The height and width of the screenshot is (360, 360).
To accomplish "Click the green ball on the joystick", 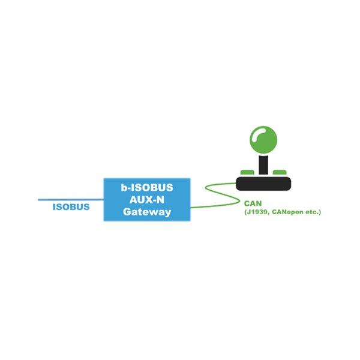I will tap(263, 140).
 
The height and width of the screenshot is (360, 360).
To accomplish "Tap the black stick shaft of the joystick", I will tap(263, 164).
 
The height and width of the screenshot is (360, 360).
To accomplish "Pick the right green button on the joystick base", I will tap(280, 173).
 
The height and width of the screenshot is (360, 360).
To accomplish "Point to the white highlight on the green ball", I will tap(258, 133).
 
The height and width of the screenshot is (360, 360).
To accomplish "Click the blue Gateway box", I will tap(146, 200).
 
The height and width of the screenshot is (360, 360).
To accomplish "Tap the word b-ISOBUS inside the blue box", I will tap(147, 188).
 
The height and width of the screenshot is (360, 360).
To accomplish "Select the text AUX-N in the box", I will tap(147, 200).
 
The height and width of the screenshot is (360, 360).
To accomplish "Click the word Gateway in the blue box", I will tap(147, 212).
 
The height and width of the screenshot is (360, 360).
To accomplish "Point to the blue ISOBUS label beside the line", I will tap(71, 208).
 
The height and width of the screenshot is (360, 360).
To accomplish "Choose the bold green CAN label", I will tap(253, 203).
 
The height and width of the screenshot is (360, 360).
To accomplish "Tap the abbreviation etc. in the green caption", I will tap(312, 212).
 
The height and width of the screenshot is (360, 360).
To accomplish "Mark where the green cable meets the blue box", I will tap(191, 207).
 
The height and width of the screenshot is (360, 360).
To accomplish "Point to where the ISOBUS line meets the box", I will tap(103, 199).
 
